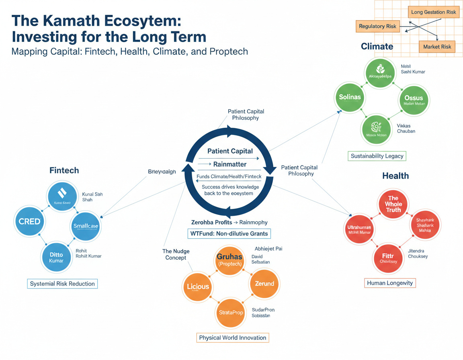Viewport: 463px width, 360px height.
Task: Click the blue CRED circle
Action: (x=30, y=221)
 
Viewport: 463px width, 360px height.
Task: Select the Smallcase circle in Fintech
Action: (x=85, y=226)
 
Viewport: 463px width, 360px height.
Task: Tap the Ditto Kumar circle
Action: (x=57, y=257)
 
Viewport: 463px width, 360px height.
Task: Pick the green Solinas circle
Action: (x=350, y=97)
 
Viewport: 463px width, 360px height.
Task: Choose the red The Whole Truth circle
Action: (x=393, y=204)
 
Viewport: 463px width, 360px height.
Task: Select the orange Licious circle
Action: (x=198, y=286)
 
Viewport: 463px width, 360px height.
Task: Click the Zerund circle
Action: (x=264, y=284)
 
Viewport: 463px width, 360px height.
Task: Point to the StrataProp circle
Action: (x=231, y=312)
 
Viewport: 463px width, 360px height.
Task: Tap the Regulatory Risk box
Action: (x=377, y=27)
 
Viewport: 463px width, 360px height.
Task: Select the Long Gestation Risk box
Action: (x=434, y=12)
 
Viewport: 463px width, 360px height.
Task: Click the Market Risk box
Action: (x=437, y=47)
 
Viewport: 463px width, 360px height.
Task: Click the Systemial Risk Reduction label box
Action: (x=62, y=284)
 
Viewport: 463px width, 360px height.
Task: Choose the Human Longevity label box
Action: (x=390, y=283)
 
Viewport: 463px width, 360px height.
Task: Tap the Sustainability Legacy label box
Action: (x=377, y=156)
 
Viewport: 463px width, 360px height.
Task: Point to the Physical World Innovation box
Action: (x=233, y=337)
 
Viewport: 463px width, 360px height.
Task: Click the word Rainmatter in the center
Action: (x=230, y=164)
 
